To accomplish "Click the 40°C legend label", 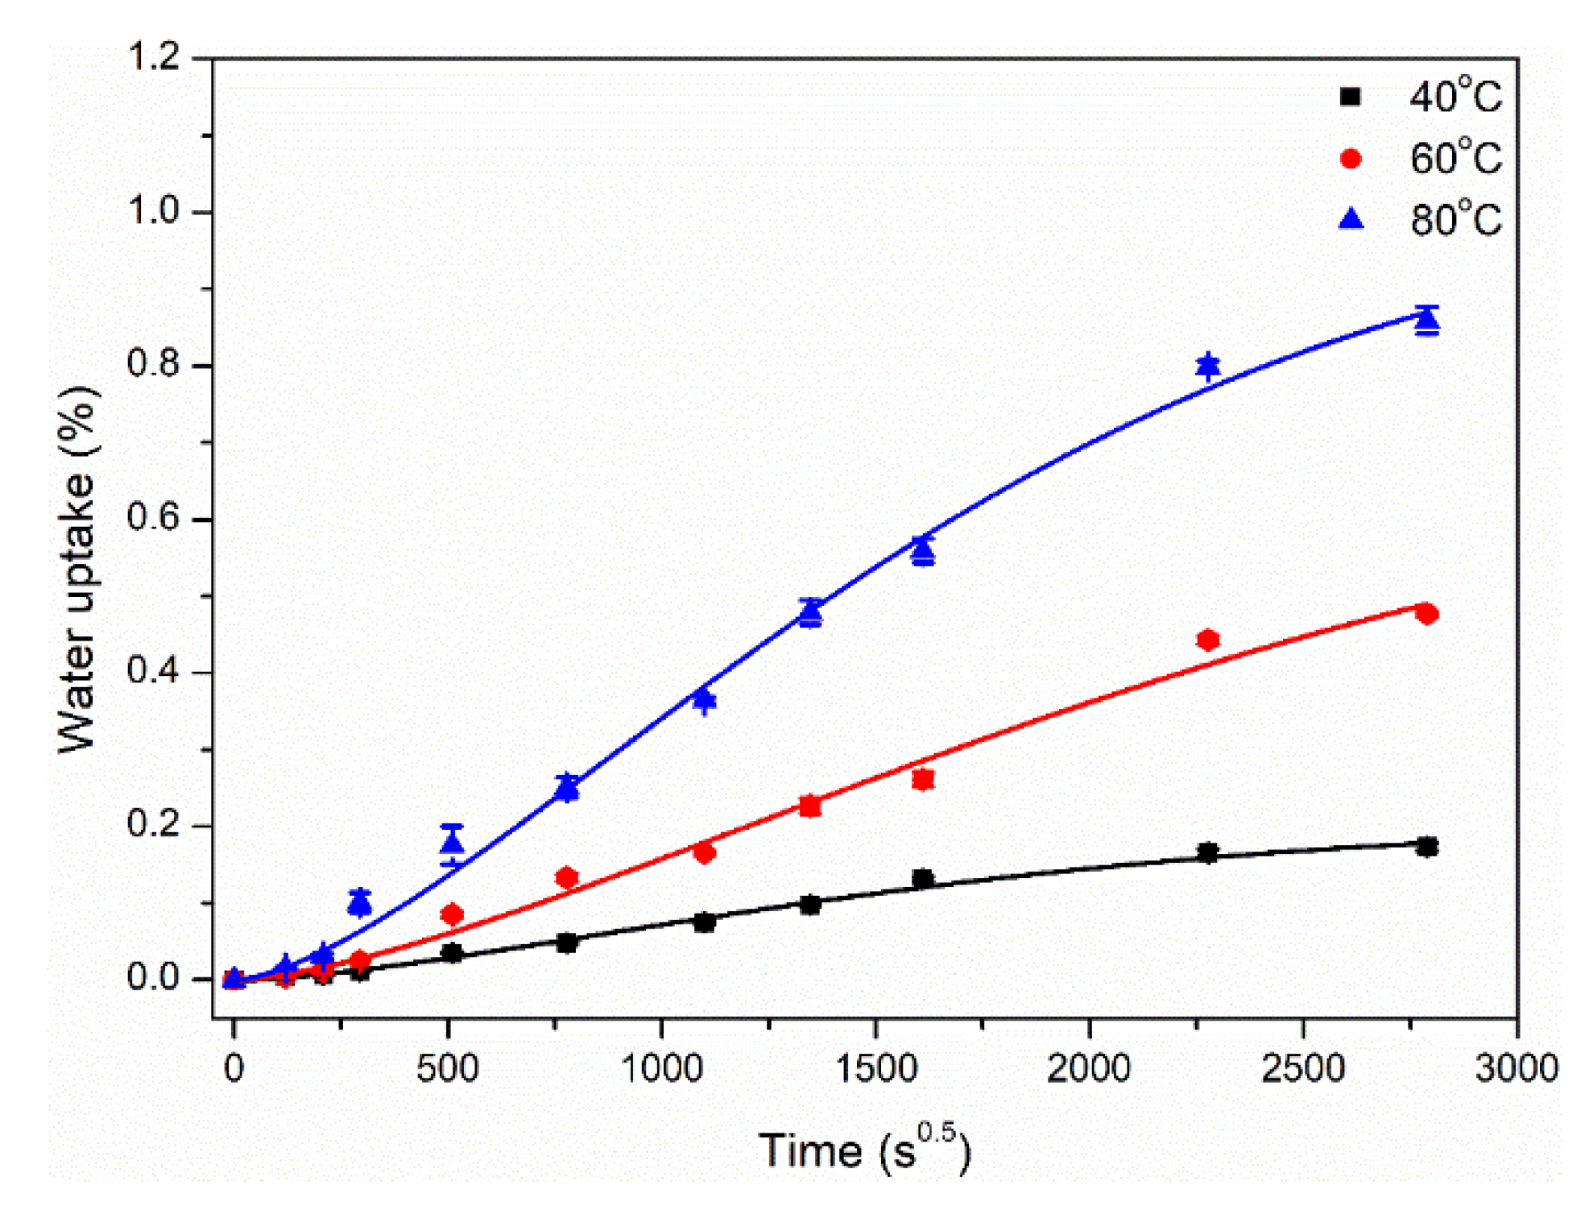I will tap(1455, 97).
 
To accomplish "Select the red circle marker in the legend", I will tap(1351, 159).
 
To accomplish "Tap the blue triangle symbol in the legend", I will tap(1351, 218).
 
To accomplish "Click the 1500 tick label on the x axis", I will tap(875, 1069).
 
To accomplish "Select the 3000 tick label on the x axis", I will tap(1516, 1069).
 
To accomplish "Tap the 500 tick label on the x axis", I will tap(447, 1069).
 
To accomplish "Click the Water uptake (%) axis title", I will tap(78, 570).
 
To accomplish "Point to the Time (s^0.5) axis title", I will tap(864, 1150).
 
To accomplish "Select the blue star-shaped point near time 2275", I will tap(1207, 366).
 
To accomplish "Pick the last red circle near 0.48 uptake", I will tap(1426, 614).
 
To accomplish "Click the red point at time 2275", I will tap(1207, 640).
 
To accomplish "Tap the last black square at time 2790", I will tap(1426, 847).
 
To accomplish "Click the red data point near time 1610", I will tap(923, 779).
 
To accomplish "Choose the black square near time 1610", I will tap(923, 878).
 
